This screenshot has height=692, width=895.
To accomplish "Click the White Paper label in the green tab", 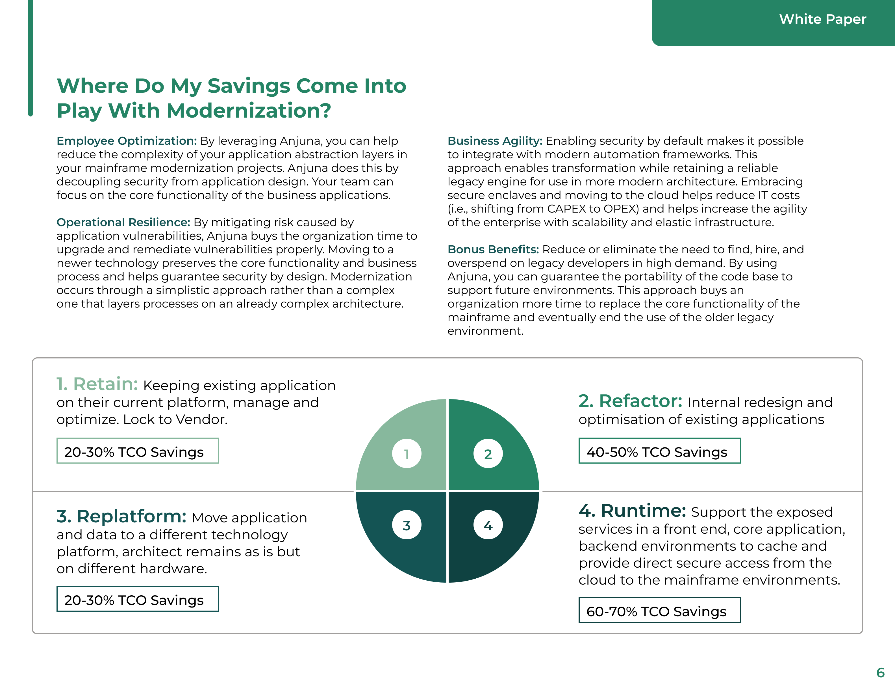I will point(822,19).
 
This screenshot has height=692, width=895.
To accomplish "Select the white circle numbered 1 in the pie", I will point(407,454).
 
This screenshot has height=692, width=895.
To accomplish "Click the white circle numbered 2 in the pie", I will point(488,454).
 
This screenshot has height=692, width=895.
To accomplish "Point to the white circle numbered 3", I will point(407,525).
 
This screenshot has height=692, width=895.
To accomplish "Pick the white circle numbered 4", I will point(488,525).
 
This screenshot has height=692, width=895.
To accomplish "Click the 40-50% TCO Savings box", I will point(659,451).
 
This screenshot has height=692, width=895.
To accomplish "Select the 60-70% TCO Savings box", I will point(659,610).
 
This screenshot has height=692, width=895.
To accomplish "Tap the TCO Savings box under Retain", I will point(138,451).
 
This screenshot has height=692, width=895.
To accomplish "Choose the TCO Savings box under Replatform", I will point(138,599).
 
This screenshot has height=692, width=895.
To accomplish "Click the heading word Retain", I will point(105,384).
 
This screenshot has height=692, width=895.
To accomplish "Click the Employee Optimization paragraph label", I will point(127,141).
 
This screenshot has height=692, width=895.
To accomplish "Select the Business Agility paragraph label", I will point(495,141).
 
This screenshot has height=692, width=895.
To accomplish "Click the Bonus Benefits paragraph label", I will point(493,249).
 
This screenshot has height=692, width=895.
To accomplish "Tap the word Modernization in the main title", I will point(248,111).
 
